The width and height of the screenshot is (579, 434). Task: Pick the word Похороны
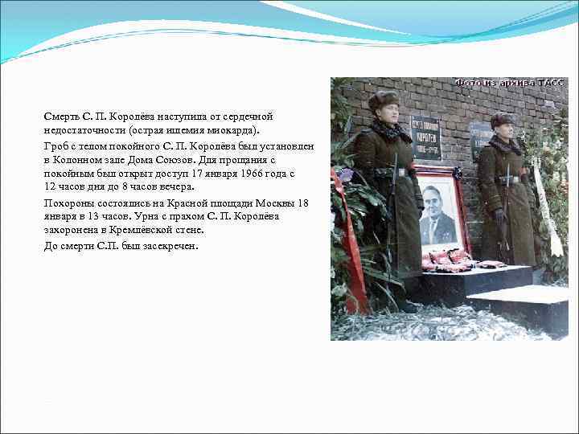69,203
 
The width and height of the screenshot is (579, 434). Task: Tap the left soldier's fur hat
384,99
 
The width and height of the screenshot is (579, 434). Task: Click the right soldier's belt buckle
504,180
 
